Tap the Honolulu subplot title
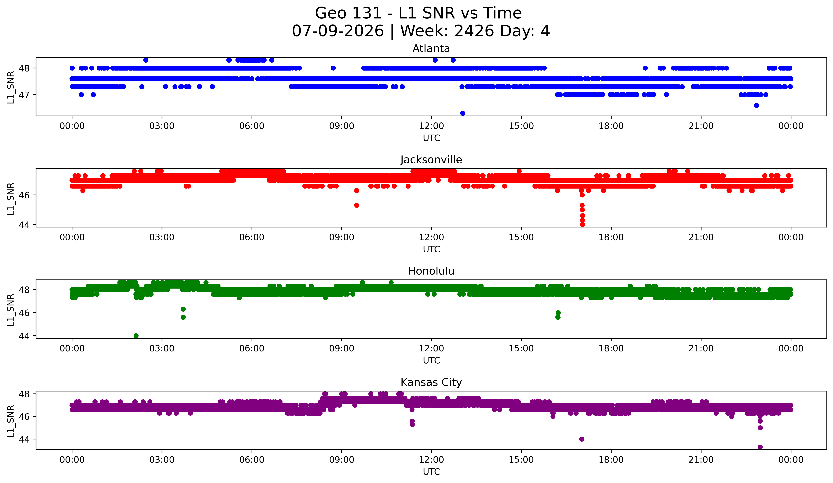tap(431, 271)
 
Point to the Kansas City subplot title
tap(431, 382)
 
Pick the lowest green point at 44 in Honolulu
tap(136, 336)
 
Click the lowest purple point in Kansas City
tap(760, 447)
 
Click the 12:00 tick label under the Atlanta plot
tap(431, 126)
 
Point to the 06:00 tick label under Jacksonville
tap(252, 237)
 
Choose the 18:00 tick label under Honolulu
tap(611, 349)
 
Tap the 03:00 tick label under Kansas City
tap(162, 460)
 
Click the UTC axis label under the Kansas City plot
tap(431, 472)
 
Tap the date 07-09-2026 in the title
tap(338, 31)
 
